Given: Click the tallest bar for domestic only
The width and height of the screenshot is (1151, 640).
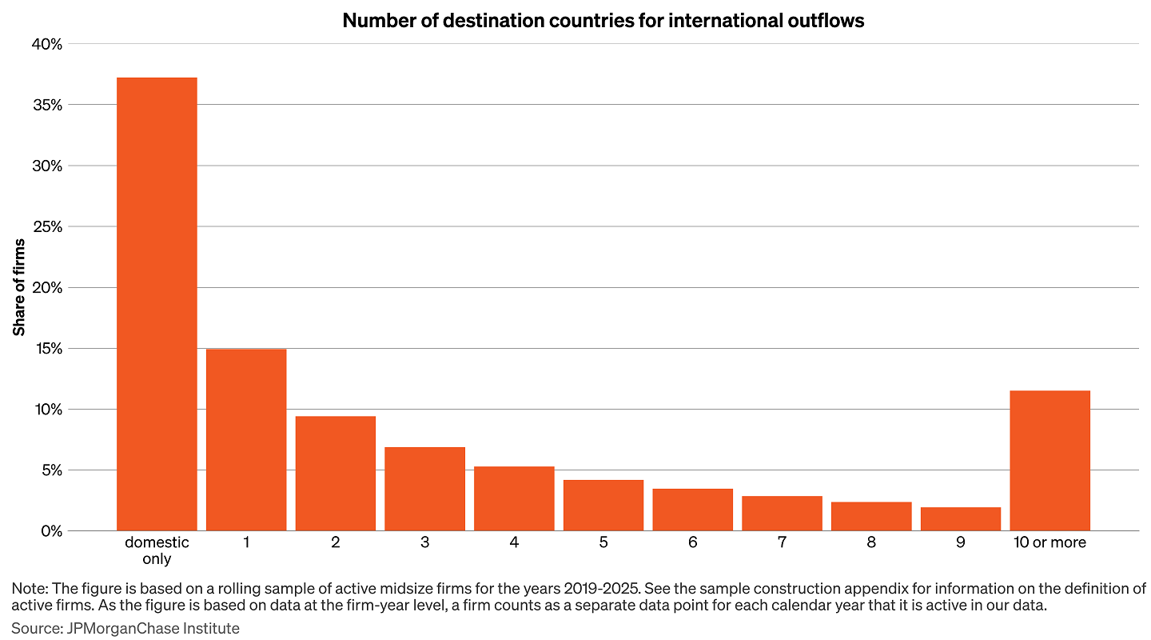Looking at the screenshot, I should [x=157, y=304].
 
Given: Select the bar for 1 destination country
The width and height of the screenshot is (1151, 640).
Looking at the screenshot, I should [x=246, y=439].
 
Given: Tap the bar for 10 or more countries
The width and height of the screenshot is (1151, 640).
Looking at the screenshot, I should [x=1049, y=460].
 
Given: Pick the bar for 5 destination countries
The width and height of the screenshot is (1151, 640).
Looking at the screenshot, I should [x=603, y=505].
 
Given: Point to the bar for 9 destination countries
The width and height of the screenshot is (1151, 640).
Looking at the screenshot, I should [x=960, y=518].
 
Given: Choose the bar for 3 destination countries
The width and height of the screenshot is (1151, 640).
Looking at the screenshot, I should [x=424, y=489].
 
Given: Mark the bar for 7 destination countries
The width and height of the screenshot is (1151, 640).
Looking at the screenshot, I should [x=782, y=513].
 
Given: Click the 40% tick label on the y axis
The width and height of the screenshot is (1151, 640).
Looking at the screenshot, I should [x=46, y=44].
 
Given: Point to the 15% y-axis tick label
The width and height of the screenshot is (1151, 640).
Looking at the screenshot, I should [x=47, y=348].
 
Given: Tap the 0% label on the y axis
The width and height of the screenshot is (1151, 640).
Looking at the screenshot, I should [x=51, y=530].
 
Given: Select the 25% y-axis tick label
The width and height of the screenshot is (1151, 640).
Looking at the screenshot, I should [x=46, y=226].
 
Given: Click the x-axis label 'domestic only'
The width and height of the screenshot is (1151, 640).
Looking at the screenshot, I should [x=157, y=550].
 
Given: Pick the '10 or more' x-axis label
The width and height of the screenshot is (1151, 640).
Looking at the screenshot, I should [x=1049, y=542].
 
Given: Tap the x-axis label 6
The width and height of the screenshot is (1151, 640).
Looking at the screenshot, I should [x=692, y=542].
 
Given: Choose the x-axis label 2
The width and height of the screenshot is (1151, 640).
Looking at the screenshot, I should [x=336, y=542].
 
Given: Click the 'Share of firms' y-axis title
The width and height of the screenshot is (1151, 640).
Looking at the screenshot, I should [x=19, y=287].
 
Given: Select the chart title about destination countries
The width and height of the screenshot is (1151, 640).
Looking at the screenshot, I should [x=603, y=21].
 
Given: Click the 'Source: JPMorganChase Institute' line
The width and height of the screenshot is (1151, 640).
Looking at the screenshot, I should [x=125, y=628].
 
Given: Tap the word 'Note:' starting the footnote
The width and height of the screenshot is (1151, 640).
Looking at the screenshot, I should [x=29, y=589].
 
